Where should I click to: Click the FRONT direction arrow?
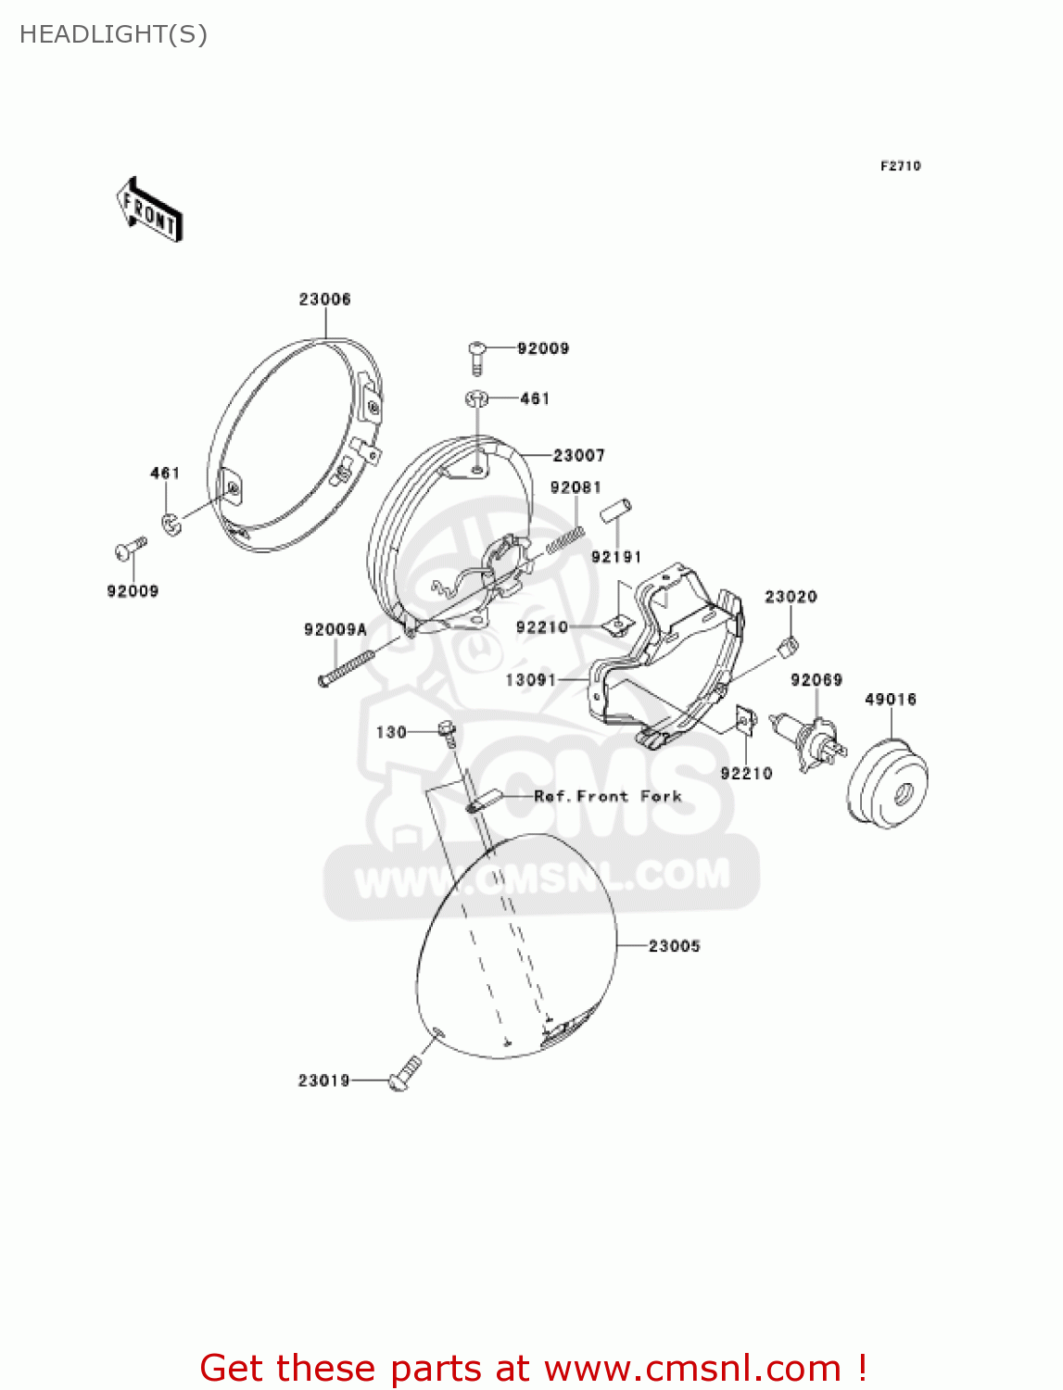(149, 210)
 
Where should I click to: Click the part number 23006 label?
(324, 299)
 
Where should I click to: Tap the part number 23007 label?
(578, 455)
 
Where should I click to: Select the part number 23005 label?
(674, 946)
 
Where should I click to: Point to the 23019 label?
(323, 1080)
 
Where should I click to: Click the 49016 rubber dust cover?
(888, 778)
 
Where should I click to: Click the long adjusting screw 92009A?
(345, 668)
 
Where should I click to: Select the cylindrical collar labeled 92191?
(615, 511)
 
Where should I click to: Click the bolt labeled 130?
(447, 732)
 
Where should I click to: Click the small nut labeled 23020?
(789, 645)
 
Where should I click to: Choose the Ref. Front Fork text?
(607, 796)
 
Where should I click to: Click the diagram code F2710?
(900, 166)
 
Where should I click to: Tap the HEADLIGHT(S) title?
(113, 34)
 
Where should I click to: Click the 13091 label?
(530, 680)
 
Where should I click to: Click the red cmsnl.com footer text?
(533, 1369)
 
